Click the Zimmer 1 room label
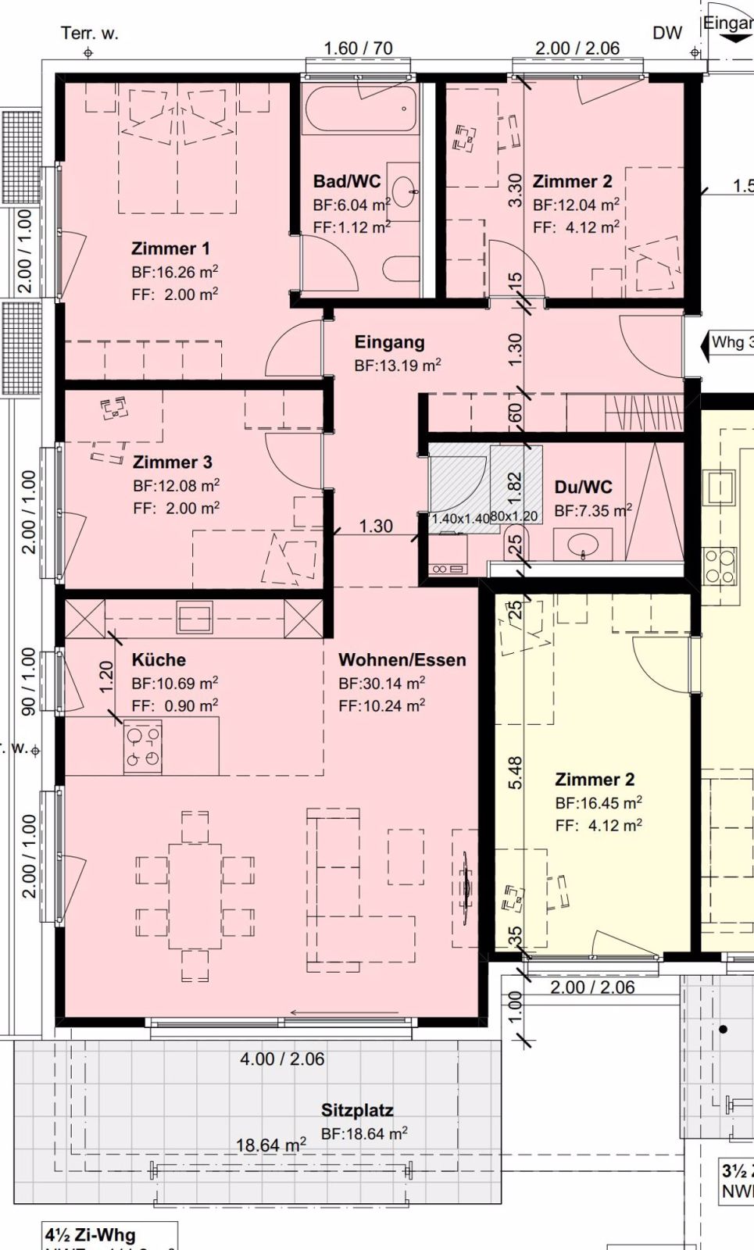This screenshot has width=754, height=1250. point(170,248)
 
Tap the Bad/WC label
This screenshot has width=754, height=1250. point(347,181)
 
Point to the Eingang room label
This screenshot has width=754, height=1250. point(389,342)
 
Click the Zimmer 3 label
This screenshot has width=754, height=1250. point(172,462)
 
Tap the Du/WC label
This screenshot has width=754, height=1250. point(583,487)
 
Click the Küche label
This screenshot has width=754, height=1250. point(159,659)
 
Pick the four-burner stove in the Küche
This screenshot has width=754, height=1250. point(143,747)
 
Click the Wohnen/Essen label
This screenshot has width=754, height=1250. point(402,659)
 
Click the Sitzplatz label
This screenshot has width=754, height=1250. point(357,1110)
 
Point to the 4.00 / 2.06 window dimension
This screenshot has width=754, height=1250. point(282,1059)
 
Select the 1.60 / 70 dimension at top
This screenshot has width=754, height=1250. point(358,48)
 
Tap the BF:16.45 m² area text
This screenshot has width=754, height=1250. point(599,802)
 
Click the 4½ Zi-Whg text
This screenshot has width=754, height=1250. point(91,1235)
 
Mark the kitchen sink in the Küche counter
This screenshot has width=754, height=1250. point(195,617)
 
